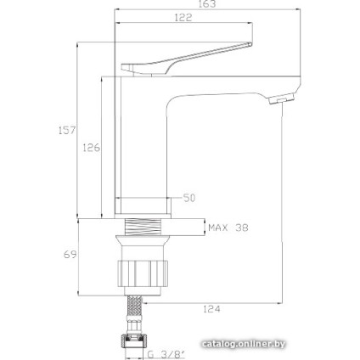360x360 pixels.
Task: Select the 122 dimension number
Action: (x=183, y=18)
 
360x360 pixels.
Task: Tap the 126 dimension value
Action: (x=92, y=147)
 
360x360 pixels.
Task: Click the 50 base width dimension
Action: (x=189, y=198)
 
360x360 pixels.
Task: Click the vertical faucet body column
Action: (x=143, y=136)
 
